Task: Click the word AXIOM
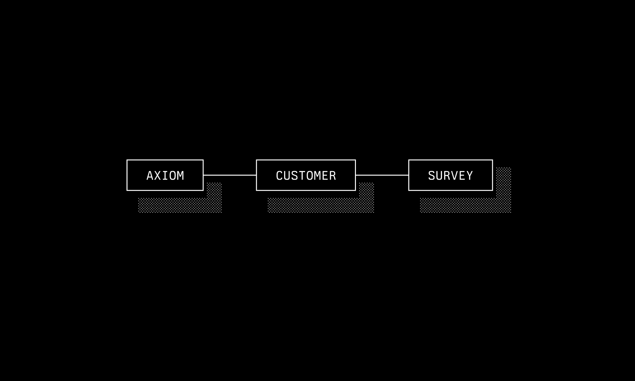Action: click(x=165, y=176)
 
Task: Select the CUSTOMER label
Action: click(x=306, y=176)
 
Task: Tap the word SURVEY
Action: click(x=450, y=176)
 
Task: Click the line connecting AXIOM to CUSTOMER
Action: click(x=230, y=175)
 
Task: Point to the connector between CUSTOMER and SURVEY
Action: click(x=382, y=175)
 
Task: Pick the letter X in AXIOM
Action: click(x=157, y=176)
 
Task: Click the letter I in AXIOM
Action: click(x=165, y=176)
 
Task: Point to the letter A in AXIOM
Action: click(x=150, y=176)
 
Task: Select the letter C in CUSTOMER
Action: click(x=279, y=176)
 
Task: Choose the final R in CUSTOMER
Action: click(x=332, y=176)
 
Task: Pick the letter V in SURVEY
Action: click(x=454, y=176)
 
